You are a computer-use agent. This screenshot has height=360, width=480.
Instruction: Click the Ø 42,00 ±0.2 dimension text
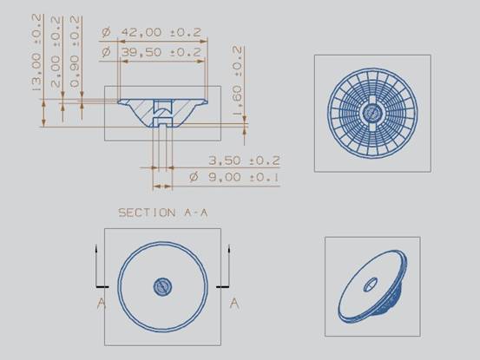151,32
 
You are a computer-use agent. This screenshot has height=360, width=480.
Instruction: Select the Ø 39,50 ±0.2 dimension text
151,52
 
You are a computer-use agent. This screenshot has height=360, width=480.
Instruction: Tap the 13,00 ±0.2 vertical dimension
36,52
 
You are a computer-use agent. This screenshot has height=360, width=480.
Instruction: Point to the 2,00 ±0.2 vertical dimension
56,52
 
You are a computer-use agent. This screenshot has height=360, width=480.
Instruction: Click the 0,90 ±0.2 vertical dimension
75,52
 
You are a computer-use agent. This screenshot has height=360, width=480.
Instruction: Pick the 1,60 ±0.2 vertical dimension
237,81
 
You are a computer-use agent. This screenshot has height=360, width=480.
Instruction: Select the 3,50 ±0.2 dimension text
244,160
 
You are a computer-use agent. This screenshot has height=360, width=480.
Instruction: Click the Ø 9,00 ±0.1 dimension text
234,177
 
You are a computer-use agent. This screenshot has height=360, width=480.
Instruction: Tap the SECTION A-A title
163,213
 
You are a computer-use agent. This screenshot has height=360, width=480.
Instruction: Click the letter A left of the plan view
102,304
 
